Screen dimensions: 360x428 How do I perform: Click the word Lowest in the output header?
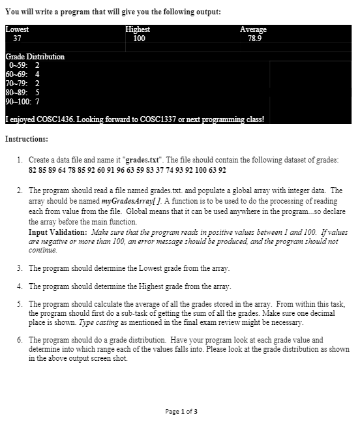pos(17,29)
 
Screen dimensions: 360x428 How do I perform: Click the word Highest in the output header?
pos(138,29)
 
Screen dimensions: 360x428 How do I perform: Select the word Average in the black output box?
pos(253,29)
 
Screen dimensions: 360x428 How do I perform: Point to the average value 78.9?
pos(255,38)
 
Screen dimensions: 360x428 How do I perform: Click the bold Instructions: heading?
pos(26,139)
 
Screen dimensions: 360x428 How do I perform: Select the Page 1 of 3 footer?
pos(181,411)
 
